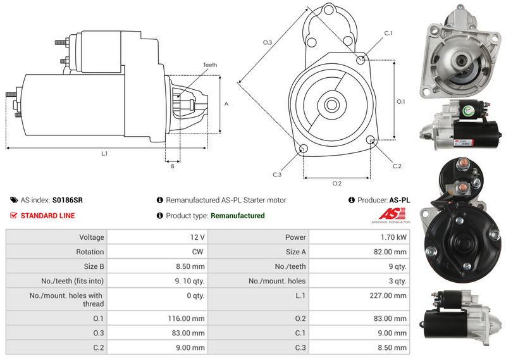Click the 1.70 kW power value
(393, 237)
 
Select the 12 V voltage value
(197, 237)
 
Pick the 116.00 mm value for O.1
(189, 319)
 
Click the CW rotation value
(199, 252)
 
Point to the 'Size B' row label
(92, 266)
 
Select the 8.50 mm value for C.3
(393, 347)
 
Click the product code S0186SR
(67, 200)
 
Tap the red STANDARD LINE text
(47, 216)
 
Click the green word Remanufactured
(237, 216)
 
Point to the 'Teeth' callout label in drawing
(210, 65)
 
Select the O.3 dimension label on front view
(268, 42)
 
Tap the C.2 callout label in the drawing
(397, 166)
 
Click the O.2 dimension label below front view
(337, 183)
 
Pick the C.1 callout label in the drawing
(388, 33)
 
